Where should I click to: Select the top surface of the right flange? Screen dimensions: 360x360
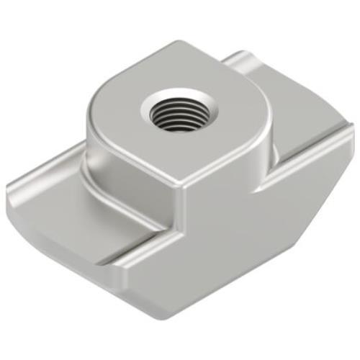(x=302, y=137)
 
